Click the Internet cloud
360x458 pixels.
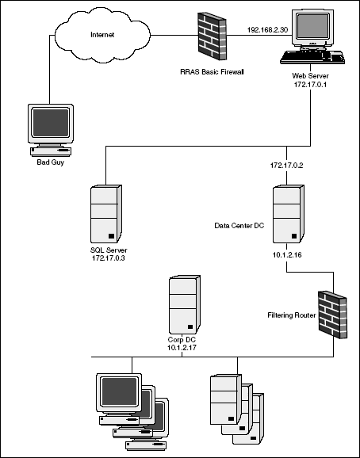(x=102, y=35)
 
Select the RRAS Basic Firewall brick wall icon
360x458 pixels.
(x=213, y=36)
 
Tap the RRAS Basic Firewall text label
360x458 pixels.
(x=212, y=72)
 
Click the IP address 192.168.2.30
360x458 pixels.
(x=267, y=30)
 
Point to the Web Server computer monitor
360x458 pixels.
(x=313, y=29)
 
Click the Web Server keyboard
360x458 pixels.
(x=312, y=57)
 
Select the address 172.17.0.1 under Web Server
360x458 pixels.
(x=310, y=85)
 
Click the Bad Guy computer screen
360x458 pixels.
(x=51, y=123)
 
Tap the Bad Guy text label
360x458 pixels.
(x=50, y=162)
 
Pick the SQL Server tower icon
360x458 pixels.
(x=106, y=213)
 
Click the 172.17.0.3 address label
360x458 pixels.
(x=109, y=258)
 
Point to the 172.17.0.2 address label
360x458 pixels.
(x=287, y=166)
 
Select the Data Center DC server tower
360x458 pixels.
(x=289, y=213)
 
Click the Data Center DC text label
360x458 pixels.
(x=239, y=226)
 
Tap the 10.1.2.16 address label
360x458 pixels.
(x=287, y=255)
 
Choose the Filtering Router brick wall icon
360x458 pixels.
(x=333, y=315)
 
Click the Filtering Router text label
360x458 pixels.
(x=292, y=315)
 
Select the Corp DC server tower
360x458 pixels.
(x=185, y=304)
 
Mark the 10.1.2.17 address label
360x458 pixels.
(x=182, y=348)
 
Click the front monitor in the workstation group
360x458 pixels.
(x=119, y=393)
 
